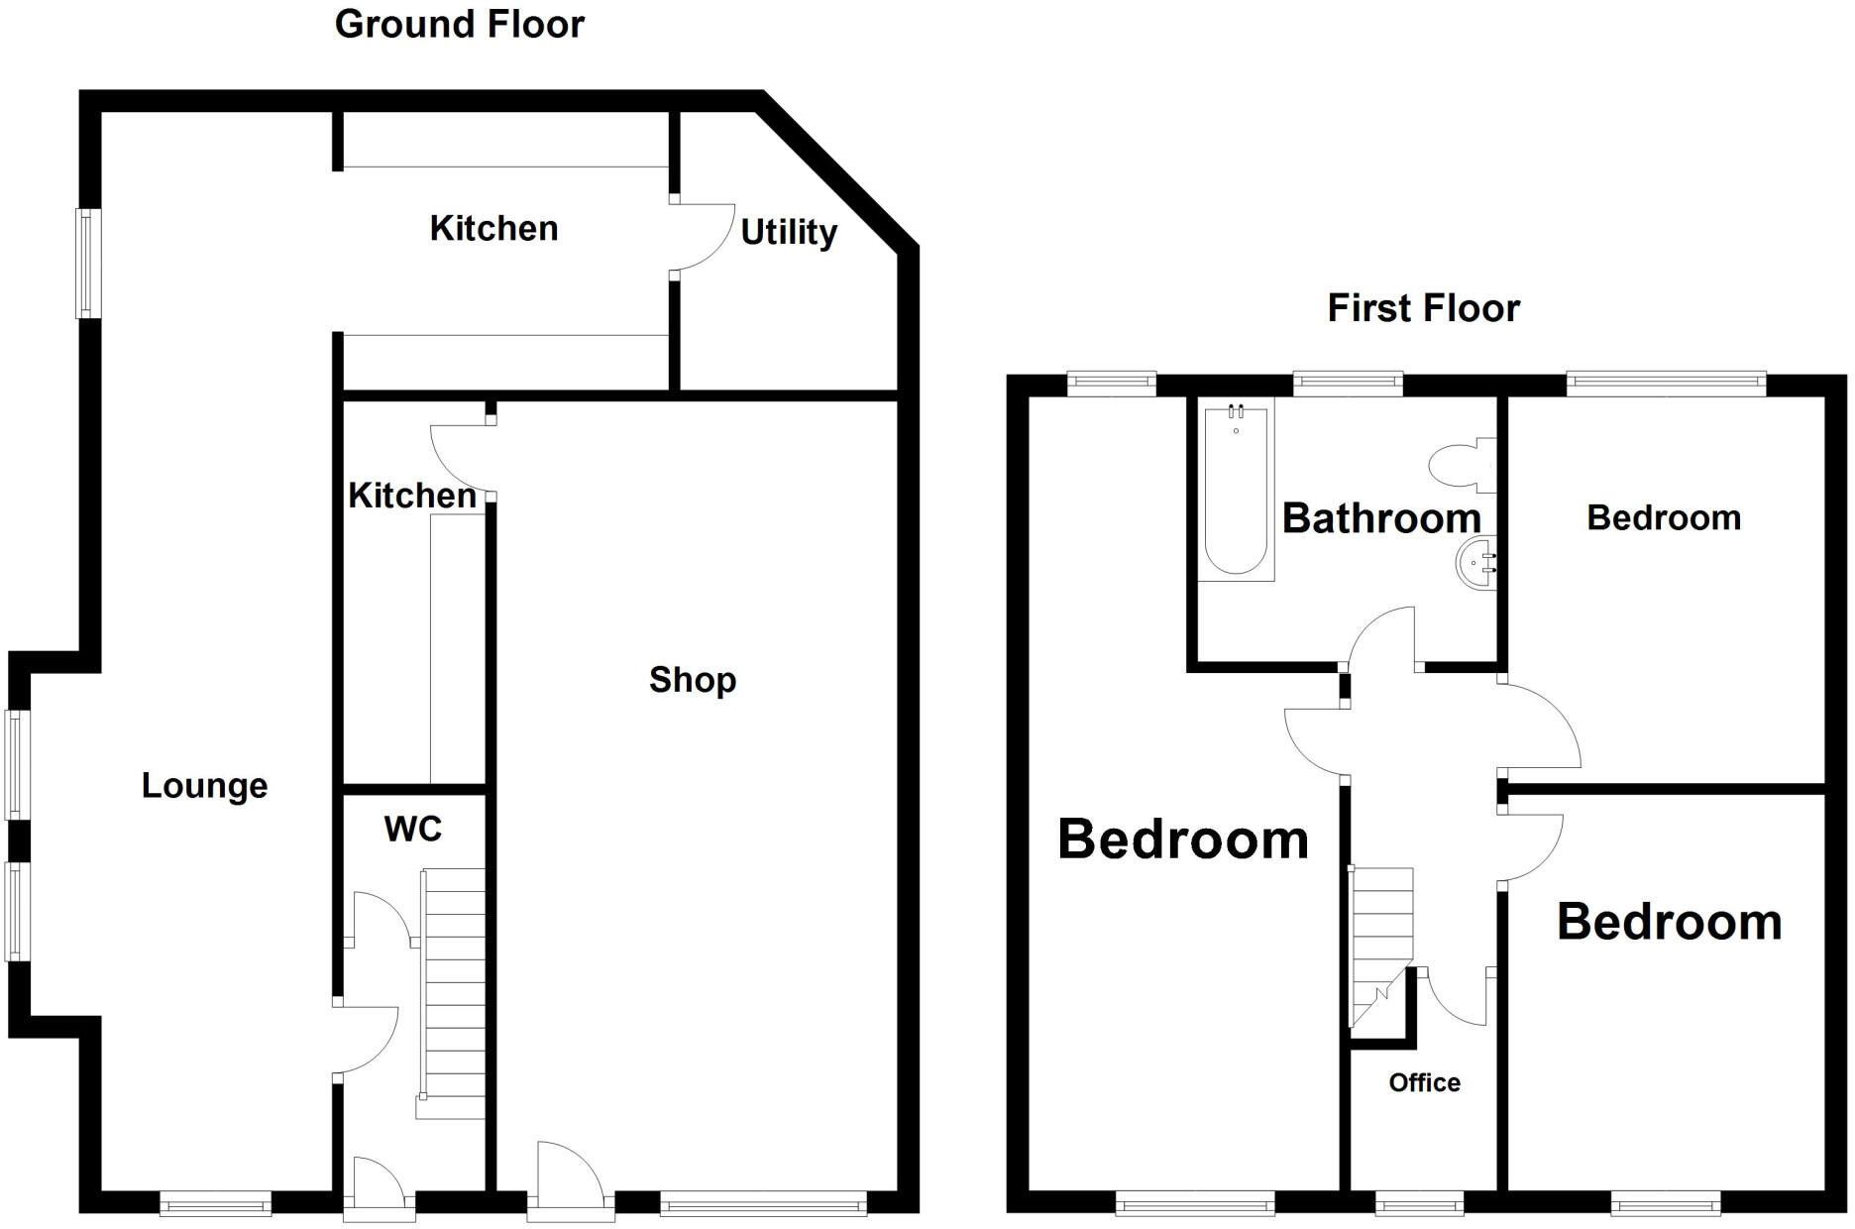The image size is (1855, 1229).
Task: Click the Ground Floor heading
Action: (x=460, y=25)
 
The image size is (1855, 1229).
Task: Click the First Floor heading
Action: (x=1423, y=308)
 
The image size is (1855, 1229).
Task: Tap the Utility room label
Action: (x=789, y=233)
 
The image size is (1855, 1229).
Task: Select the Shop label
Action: (x=693, y=680)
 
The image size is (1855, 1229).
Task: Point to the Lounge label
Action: (x=204, y=786)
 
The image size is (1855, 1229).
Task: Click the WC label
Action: (x=412, y=829)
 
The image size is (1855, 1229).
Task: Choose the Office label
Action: (x=1424, y=1082)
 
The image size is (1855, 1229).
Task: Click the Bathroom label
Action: (x=1381, y=518)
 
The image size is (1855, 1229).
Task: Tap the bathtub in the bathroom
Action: (x=1236, y=491)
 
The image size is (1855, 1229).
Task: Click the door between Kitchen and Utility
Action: (x=701, y=238)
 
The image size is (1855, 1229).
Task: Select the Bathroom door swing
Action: (x=1383, y=639)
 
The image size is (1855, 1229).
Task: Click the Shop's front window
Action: (x=763, y=1204)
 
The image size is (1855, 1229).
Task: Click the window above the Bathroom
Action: (x=1348, y=383)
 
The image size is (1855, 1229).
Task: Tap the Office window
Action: (x=1420, y=1204)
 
